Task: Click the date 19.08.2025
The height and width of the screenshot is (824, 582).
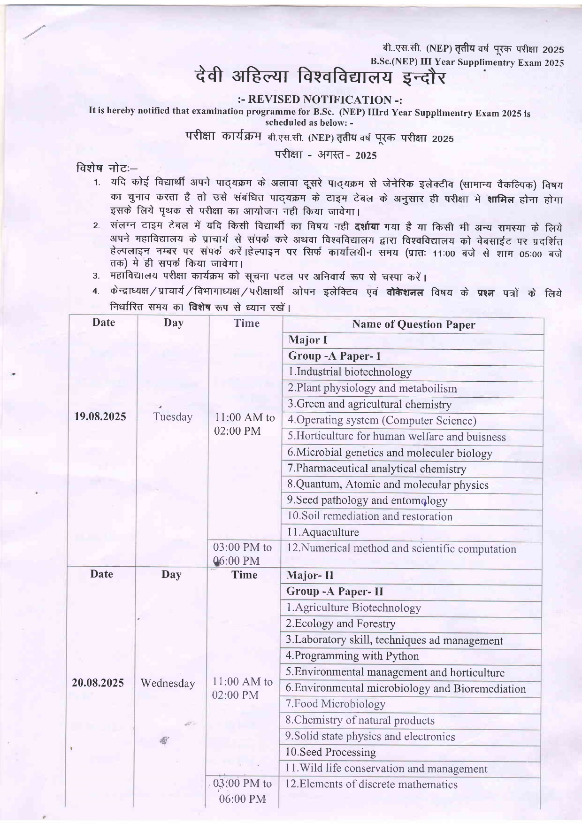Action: tap(100, 416)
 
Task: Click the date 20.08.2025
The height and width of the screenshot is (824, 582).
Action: tap(98, 683)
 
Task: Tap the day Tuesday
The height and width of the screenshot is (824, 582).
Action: tap(173, 417)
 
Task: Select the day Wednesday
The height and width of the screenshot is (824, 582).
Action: tap(168, 683)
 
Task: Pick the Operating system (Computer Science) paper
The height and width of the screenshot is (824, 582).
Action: tap(382, 420)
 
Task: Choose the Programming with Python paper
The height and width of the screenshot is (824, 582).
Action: tap(352, 656)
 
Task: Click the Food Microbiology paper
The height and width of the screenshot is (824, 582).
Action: tap(335, 704)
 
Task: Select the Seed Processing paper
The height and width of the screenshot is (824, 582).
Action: tap(330, 752)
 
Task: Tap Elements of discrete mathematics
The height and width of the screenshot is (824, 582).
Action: tap(371, 784)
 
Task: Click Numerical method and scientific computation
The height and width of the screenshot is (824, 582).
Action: tap(401, 548)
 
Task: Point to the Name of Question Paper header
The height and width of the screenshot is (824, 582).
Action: tap(413, 324)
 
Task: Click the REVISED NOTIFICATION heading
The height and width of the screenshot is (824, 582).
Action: tap(321, 100)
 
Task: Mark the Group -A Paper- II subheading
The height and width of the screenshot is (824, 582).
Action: tap(335, 592)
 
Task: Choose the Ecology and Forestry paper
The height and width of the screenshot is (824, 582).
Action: tap(340, 624)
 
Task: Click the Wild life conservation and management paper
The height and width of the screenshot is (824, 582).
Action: tap(386, 769)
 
